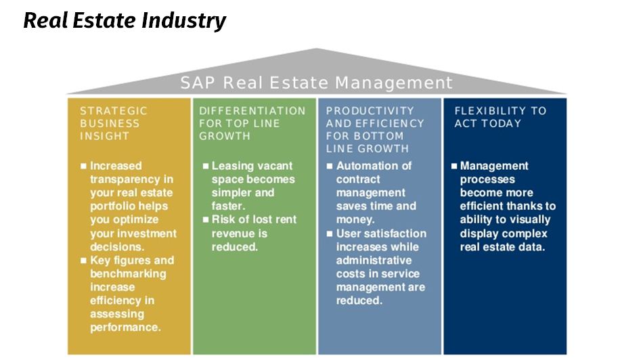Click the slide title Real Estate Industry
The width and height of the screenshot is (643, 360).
tap(125, 20)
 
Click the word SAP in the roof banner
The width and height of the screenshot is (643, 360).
tap(198, 83)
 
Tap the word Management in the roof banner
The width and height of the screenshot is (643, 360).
tap(394, 83)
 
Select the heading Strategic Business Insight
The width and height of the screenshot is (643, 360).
tap(114, 123)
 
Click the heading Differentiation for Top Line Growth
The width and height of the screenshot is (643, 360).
tap(252, 123)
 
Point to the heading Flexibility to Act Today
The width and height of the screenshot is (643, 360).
tap(500, 117)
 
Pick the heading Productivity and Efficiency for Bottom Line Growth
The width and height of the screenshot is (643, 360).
tap(375, 129)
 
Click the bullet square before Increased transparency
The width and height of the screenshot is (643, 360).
tap(84, 166)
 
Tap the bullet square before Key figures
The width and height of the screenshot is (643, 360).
tap(84, 261)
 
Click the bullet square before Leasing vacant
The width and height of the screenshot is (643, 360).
tap(206, 166)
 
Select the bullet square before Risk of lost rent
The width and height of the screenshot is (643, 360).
tap(206, 220)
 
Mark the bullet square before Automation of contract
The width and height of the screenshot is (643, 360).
tap(330, 166)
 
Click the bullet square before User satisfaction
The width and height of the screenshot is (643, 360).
tap(330, 233)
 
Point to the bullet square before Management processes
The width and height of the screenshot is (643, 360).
tap(454, 166)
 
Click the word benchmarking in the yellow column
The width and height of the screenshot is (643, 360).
tap(129, 274)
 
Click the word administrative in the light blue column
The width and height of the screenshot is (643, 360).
tap(374, 261)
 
